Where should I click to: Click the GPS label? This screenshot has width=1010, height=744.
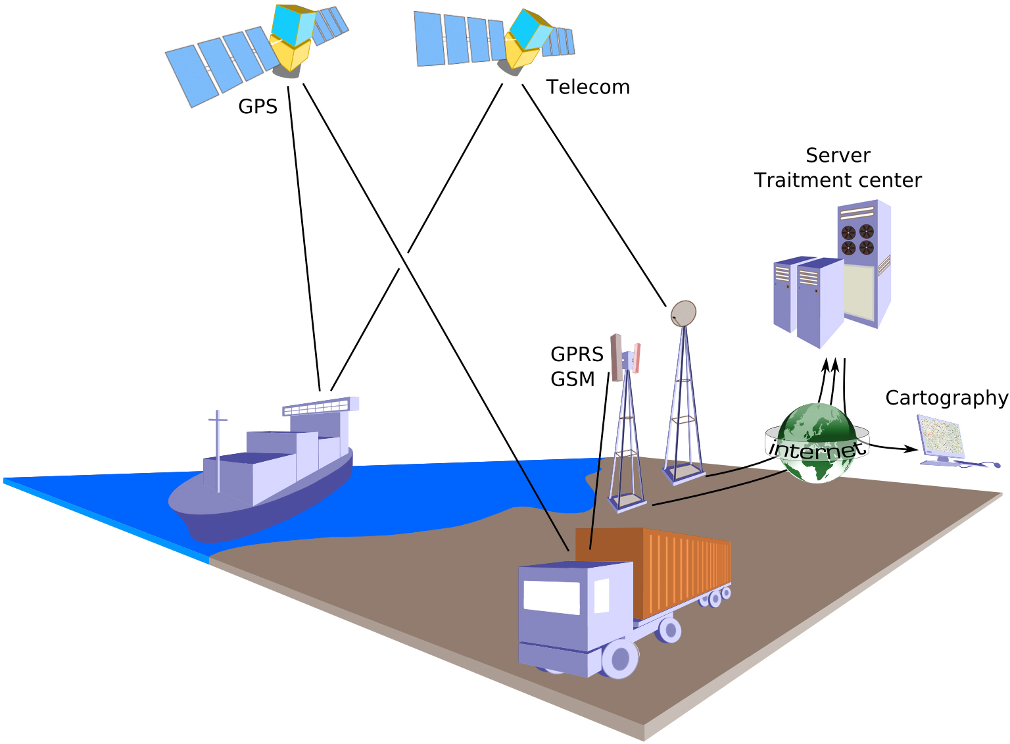[258, 107]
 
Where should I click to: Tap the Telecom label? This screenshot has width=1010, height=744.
[588, 87]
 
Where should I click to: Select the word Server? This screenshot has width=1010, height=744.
[838, 156]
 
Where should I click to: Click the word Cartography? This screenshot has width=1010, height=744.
[946, 398]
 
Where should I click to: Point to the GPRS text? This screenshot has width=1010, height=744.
[577, 355]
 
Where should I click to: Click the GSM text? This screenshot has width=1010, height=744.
[573, 380]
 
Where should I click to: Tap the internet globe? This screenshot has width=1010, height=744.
[817, 442]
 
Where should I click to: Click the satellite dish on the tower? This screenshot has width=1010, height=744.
[683, 314]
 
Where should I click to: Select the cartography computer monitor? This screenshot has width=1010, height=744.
[941, 435]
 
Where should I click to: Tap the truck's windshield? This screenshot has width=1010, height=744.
[551, 597]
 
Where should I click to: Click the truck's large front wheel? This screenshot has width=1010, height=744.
[619, 658]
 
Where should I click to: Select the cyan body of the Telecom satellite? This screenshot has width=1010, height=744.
[530, 29]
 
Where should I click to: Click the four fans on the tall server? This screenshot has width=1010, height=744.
[857, 239]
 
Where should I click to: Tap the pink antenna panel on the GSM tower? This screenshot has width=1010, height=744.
[637, 357]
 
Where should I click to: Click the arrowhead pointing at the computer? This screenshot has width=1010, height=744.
[912, 449]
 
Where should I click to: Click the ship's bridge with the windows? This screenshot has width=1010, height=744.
[321, 407]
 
